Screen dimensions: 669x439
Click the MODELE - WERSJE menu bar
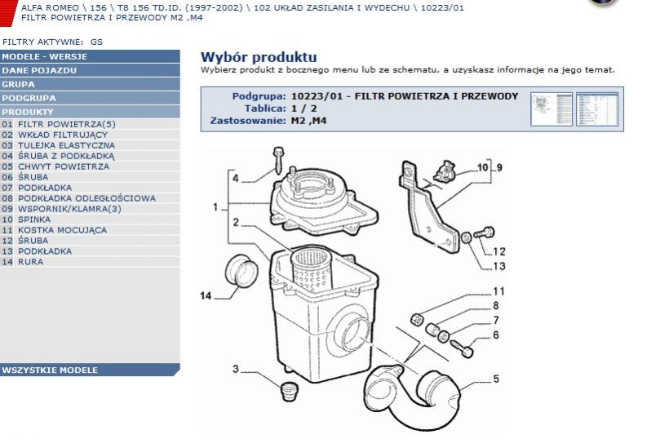[x=90, y=56]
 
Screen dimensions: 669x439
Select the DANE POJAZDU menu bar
[x=90, y=70]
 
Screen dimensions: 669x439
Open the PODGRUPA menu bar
[x=90, y=98]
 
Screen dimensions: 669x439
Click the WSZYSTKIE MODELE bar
[x=90, y=370]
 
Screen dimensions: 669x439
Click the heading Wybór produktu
[x=259, y=57]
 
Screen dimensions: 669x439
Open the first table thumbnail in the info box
[x=552, y=109]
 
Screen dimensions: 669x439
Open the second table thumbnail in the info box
[x=597, y=109]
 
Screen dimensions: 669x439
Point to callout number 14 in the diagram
[x=206, y=295]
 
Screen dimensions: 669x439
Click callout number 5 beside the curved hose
[x=496, y=379]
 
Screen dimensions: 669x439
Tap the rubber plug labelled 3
[x=289, y=392]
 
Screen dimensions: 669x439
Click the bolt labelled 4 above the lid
[x=278, y=161]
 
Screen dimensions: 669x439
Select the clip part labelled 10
[x=445, y=171]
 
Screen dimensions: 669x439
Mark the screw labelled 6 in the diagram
[x=462, y=348]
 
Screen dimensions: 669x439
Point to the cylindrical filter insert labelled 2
[x=312, y=272]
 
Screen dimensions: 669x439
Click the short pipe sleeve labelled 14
[x=241, y=271]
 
